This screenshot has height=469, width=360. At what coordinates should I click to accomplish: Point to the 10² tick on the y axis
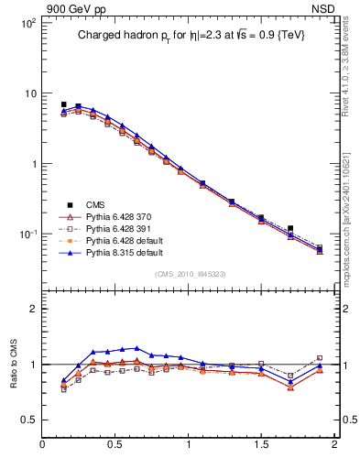[x=27, y=22]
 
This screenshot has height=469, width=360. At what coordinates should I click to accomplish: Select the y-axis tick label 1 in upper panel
[x=32, y=164]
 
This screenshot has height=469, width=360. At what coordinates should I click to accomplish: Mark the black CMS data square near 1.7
[x=290, y=228]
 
